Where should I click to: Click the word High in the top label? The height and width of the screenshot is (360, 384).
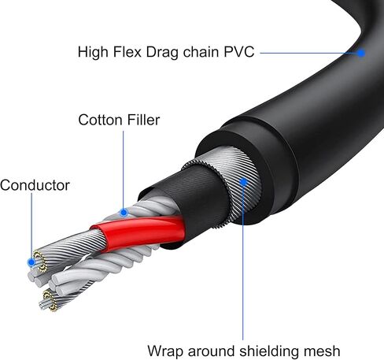(93, 53)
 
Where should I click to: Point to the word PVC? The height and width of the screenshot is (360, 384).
(239, 52)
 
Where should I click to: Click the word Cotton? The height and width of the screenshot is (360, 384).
(101, 120)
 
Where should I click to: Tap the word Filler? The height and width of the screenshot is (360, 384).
(143, 120)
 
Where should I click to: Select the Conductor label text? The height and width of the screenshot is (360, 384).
(35, 185)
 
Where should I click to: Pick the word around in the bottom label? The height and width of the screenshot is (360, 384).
(212, 351)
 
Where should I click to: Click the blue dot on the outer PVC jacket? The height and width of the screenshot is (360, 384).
(361, 53)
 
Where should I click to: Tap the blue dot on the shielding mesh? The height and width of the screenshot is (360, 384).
(244, 182)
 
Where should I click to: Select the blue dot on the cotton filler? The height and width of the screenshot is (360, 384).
(124, 213)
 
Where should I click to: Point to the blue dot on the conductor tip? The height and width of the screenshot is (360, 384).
(31, 262)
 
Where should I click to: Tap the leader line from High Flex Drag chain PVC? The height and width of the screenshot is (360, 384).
(309, 53)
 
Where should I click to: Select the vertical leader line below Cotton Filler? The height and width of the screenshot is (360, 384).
(123, 170)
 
